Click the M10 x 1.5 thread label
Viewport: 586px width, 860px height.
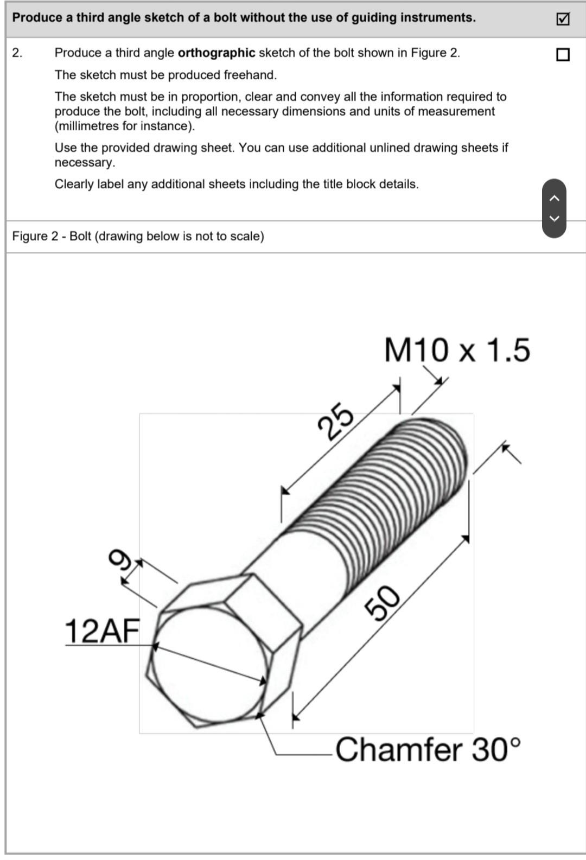click(457, 350)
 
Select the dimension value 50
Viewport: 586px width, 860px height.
click(384, 603)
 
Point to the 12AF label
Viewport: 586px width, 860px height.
click(102, 631)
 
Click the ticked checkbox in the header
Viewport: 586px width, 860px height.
click(563, 19)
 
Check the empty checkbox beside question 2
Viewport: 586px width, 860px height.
click(563, 54)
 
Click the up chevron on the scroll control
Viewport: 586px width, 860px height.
click(554, 199)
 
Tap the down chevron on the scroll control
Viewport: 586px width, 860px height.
click(554, 219)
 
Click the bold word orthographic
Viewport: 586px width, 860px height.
click(216, 53)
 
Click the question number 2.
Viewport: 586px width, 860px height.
click(17, 53)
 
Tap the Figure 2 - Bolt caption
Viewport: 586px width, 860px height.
click(138, 237)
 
